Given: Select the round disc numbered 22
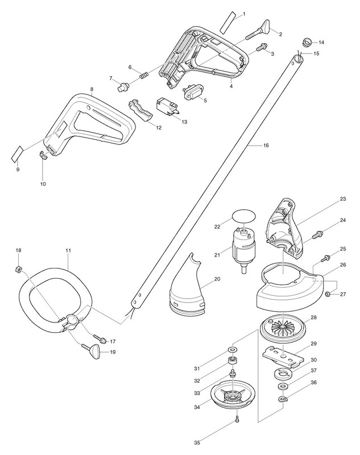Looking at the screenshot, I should pos(243,218).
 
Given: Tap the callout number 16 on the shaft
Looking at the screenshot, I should pos(266,146).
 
